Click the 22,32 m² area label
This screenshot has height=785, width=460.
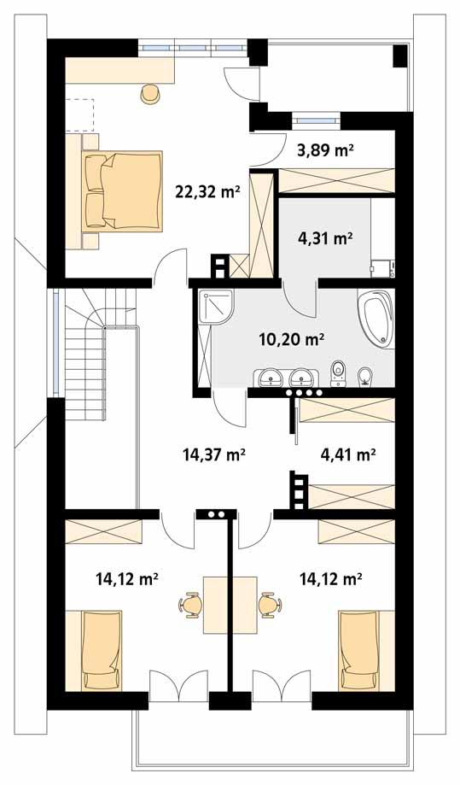(x=207, y=192)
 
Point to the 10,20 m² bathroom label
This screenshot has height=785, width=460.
(x=291, y=339)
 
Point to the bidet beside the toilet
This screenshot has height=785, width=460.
(x=365, y=375)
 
